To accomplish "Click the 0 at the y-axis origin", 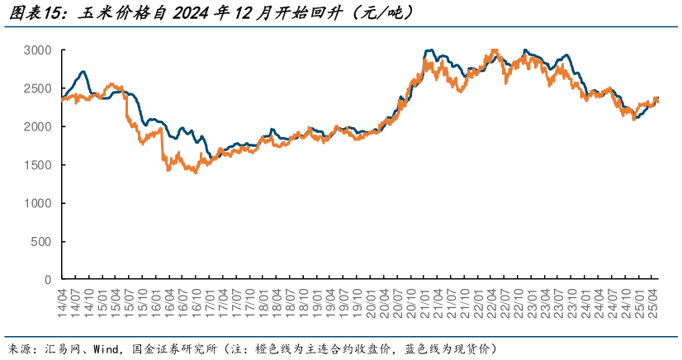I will (49, 280).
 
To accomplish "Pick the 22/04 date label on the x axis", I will (492, 301).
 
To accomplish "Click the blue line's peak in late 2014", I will (83, 72).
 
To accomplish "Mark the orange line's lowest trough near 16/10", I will (195, 173).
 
